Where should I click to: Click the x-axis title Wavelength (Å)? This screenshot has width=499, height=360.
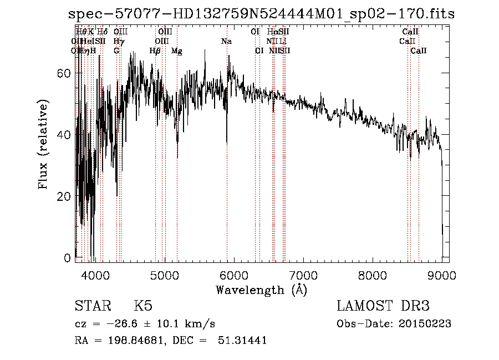pos(261,290)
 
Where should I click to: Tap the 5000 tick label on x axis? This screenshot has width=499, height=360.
pos(165,274)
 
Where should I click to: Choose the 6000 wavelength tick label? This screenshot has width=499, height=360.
pos(234,274)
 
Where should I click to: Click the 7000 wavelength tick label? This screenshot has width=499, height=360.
pos(303,274)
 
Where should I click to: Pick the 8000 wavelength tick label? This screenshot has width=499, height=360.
pos(373,274)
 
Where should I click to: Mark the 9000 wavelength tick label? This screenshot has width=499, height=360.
pos(442,274)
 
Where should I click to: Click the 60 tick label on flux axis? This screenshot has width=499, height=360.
pos(65,73)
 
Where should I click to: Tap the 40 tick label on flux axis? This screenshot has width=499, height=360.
pos(65,135)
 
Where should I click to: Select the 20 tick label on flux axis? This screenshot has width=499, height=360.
pos(65,196)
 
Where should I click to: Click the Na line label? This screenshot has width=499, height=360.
pos(226,41)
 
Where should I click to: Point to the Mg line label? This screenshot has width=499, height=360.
pos(177,51)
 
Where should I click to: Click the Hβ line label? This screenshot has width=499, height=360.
pos(155,51)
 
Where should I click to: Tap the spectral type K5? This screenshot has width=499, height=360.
pos(143,306)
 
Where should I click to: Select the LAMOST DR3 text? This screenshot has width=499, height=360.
pos(383,306)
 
